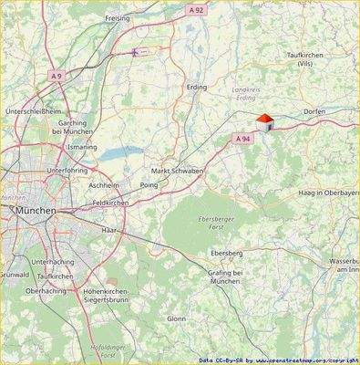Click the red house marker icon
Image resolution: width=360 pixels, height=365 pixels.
tap(264, 123)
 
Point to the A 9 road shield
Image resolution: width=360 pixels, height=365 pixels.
tap(57, 75)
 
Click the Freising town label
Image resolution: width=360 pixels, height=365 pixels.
tap(118, 17)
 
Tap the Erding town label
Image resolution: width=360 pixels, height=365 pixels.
tap(196, 89)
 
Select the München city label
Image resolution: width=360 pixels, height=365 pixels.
tap(36, 210)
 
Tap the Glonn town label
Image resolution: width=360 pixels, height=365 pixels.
tap(176, 318)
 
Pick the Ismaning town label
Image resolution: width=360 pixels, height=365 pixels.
tap(82, 146)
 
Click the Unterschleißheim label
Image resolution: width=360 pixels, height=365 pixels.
tap(32, 111)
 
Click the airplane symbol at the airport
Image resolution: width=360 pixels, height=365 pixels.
tap(137, 52)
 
